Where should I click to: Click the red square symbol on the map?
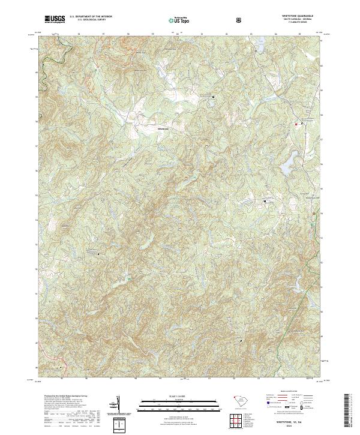[296, 124]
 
